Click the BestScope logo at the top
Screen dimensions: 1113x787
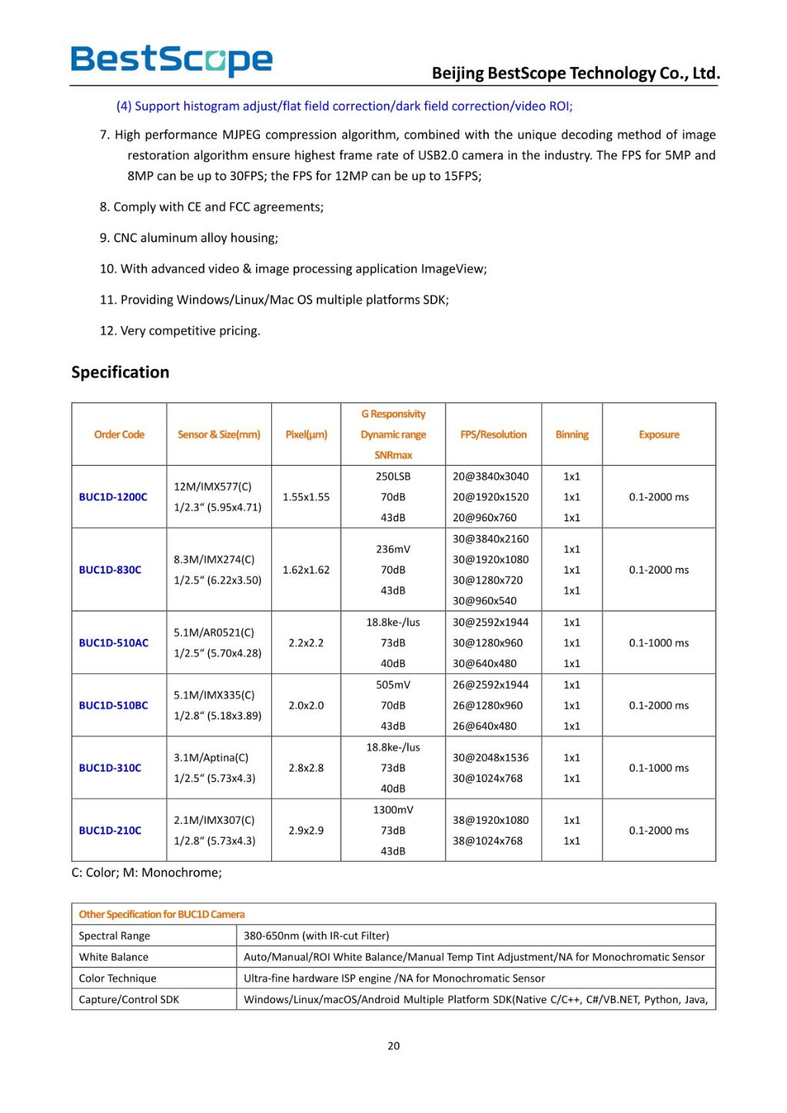[171, 60]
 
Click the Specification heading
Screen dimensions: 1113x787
[120, 372]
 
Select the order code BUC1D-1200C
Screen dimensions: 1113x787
[113, 497]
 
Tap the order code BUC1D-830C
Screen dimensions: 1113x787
[110, 570]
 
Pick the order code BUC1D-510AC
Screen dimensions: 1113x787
[114, 643]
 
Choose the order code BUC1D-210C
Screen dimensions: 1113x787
[110, 831]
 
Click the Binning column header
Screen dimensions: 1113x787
[572, 435]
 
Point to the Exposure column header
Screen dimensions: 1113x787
[659, 435]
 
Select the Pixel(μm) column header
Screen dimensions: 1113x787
[306, 435]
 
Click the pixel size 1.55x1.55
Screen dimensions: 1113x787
[306, 497]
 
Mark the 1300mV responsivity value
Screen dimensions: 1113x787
[393, 810]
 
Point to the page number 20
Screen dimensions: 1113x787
[393, 1046]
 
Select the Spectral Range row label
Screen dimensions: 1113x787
[115, 936]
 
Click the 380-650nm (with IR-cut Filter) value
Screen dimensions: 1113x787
[317, 936]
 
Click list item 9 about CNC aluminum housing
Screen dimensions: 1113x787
[189, 238]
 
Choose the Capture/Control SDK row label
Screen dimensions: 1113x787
[129, 1000]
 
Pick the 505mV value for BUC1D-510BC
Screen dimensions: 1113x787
[393, 685]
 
